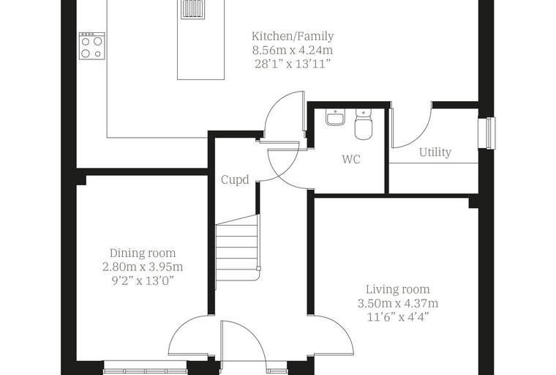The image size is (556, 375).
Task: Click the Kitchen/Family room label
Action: point(293,36)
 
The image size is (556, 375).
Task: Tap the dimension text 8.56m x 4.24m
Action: point(293,50)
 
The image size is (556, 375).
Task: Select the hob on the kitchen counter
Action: point(92,46)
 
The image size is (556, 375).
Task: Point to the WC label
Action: point(351,159)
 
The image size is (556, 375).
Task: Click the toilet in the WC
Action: point(363,124)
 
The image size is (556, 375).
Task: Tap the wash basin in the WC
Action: point(335,117)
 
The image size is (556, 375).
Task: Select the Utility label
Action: point(435,152)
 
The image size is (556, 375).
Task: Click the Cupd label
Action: point(235,179)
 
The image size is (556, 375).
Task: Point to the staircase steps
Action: point(236,248)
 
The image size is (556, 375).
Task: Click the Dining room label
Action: point(143,253)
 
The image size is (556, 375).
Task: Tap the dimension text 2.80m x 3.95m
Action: point(143,267)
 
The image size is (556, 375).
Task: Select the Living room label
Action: point(398,289)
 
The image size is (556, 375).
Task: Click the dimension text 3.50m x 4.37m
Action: point(398,304)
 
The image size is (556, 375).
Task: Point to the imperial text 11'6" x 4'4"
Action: point(398,316)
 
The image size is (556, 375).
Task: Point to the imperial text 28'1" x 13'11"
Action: point(293,64)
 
